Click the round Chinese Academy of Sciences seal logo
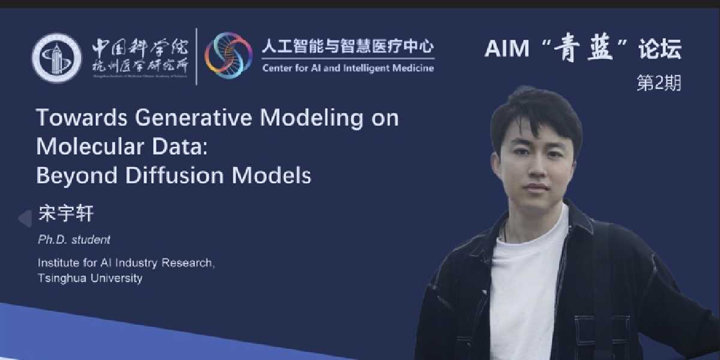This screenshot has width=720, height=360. (x=56, y=58)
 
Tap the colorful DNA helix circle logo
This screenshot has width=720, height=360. (x=229, y=54)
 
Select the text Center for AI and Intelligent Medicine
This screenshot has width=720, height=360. (x=348, y=68)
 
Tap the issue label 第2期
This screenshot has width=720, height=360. (x=658, y=84)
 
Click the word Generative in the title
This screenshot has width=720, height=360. (x=197, y=118)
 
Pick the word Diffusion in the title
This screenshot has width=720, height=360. (x=181, y=175)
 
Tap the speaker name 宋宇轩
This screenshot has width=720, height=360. (x=66, y=214)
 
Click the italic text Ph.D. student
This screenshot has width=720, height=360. (x=74, y=239)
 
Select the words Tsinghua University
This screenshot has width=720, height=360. (x=89, y=278)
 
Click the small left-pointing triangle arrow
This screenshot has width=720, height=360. (x=25, y=218)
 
